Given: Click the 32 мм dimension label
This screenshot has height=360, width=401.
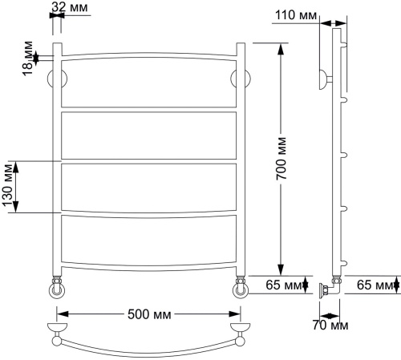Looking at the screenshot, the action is [x=70, y=7].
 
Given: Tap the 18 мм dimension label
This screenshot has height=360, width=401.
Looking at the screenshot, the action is [x=27, y=59].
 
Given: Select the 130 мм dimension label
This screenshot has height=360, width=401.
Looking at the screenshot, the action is [x=8, y=186].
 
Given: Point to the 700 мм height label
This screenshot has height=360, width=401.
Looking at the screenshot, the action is [x=282, y=159].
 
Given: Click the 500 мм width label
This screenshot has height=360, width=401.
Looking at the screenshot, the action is [x=149, y=314].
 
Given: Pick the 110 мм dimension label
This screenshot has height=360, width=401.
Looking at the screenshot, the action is [x=296, y=15].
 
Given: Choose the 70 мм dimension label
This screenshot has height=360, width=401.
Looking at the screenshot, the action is [x=330, y=326].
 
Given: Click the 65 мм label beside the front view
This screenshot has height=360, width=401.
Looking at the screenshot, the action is [x=284, y=285].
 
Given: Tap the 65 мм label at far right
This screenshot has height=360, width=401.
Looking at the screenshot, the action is [x=375, y=285].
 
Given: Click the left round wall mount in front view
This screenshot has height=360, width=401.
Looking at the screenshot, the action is [x=57, y=79].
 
